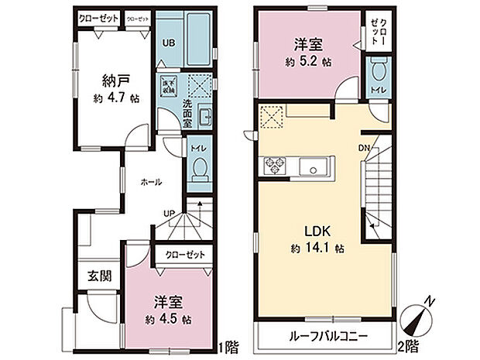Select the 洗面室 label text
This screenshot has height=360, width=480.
click(187, 113)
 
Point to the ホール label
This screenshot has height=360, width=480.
click(151, 183)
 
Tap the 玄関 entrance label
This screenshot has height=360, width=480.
click(97, 275)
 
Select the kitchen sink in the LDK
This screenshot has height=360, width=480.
click(315, 166)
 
